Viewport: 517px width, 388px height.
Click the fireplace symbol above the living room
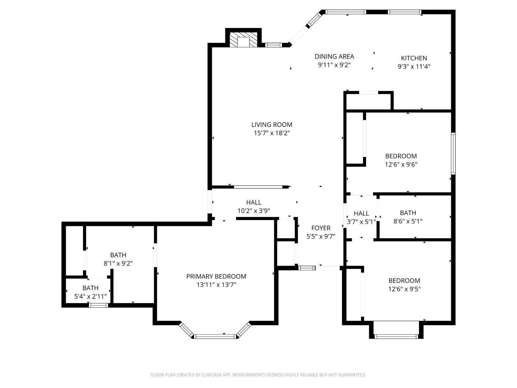244,40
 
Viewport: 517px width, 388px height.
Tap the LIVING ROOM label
272,125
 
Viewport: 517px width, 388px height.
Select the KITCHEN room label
414,58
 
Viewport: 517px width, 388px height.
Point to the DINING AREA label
334,57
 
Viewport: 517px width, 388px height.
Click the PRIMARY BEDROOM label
216,277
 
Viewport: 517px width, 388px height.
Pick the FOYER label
321,228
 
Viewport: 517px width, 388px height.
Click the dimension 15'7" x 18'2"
272,133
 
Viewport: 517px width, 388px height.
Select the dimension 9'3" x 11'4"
414,67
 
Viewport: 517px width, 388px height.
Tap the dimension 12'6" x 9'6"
401,165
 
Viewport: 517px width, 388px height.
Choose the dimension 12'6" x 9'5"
404,289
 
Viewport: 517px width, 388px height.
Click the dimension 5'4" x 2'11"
90,296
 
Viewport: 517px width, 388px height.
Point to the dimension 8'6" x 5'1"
408,221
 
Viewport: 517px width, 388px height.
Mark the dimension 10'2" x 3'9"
253,211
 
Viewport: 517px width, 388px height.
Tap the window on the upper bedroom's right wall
453,153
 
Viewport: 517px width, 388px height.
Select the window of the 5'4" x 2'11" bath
98,305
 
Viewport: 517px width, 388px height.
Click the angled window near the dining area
313,20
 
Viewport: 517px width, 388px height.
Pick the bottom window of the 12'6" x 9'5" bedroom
396,336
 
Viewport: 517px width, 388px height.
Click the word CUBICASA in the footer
211,375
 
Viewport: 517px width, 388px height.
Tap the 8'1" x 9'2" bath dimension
118,263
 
